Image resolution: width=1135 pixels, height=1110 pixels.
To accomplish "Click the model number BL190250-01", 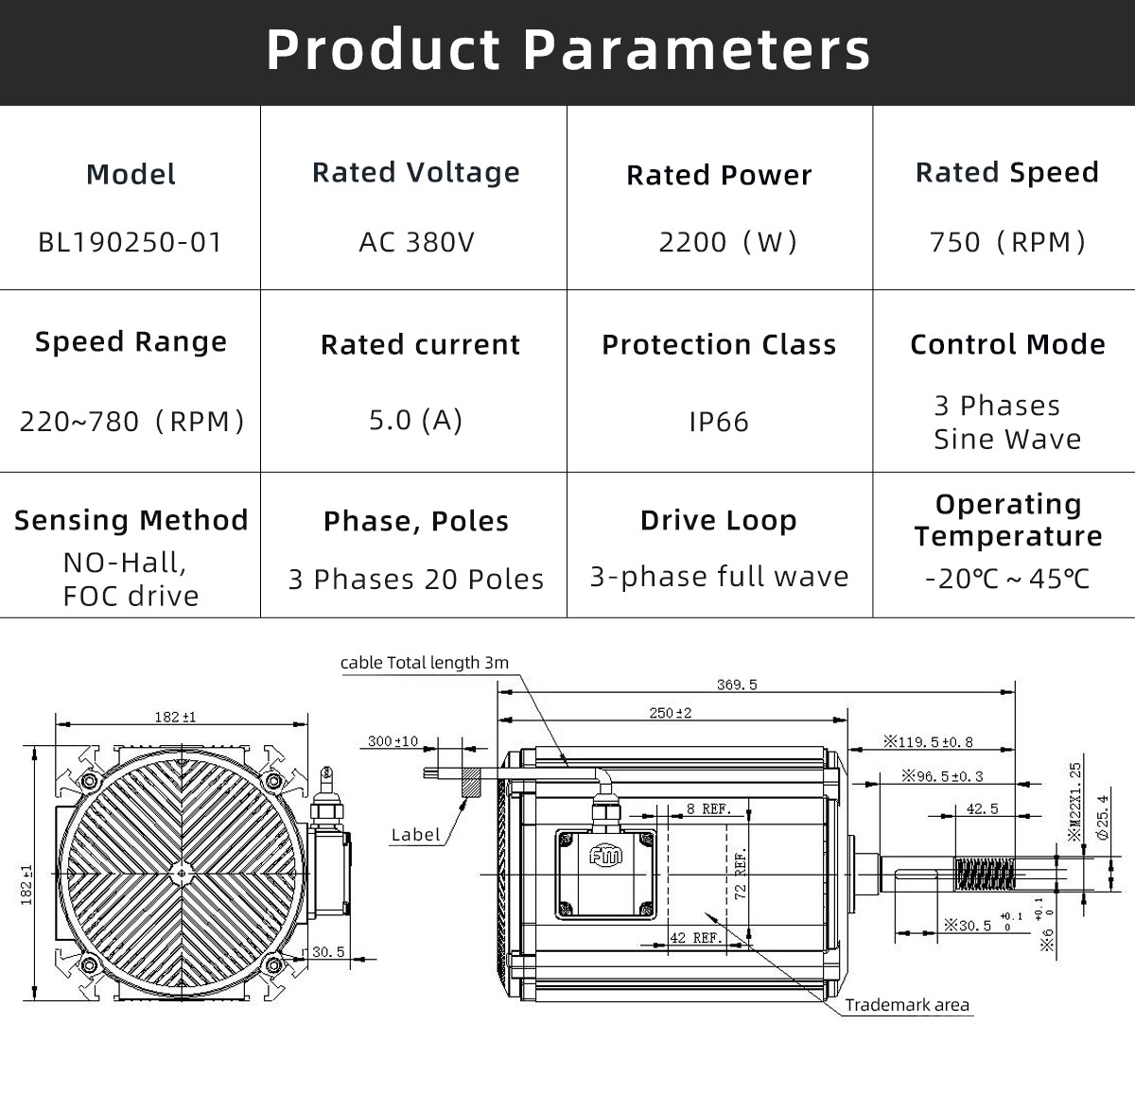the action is click(130, 242).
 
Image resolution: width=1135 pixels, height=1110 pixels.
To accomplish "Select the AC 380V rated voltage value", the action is click(416, 242).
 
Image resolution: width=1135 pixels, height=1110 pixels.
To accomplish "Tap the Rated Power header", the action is click(719, 175).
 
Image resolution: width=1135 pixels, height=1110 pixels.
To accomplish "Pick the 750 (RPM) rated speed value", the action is click(1007, 242).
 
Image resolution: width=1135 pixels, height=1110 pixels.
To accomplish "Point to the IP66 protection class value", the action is click(719, 422).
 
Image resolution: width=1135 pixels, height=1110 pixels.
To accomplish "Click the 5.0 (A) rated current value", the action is click(416, 420).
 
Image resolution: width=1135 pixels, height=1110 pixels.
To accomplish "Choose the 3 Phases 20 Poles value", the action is click(416, 579).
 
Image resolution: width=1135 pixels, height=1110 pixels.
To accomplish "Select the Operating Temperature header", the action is click(1008, 520).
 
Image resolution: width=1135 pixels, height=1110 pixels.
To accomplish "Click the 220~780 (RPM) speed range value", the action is click(131, 422).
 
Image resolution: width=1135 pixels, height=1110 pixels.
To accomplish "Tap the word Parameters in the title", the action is click(696, 49).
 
